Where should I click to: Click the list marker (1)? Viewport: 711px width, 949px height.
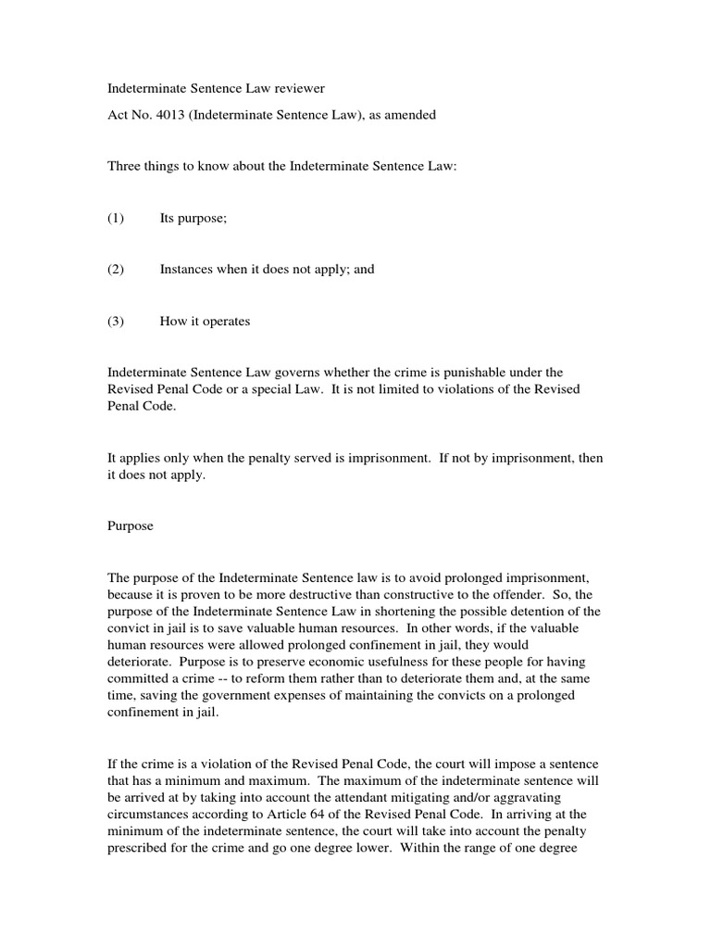pyautogui.click(x=116, y=218)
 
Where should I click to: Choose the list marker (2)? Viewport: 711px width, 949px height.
pyautogui.click(x=116, y=270)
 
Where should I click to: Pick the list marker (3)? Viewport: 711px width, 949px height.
pyautogui.click(x=116, y=322)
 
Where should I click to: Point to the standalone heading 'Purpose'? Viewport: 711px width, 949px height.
pyautogui.click(x=131, y=525)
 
